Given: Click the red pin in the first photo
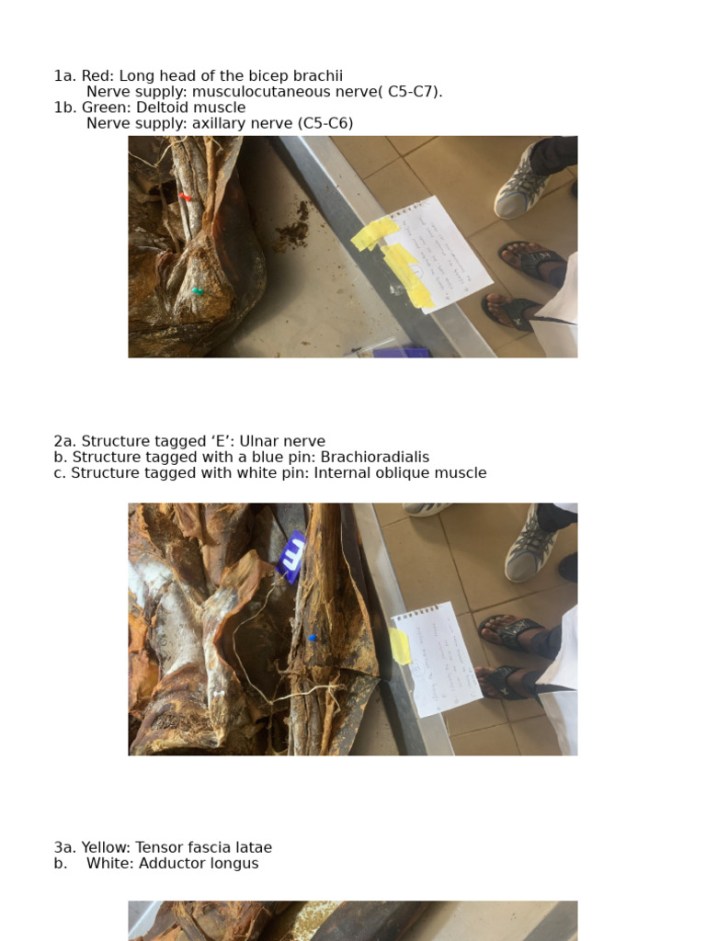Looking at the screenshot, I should pos(186,197).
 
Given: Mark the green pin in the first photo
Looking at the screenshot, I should pos(198,291).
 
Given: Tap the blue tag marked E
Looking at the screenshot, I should pos(293,556).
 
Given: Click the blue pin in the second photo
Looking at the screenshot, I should pos(313,638).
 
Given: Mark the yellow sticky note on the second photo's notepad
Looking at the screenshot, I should pos(401,646).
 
